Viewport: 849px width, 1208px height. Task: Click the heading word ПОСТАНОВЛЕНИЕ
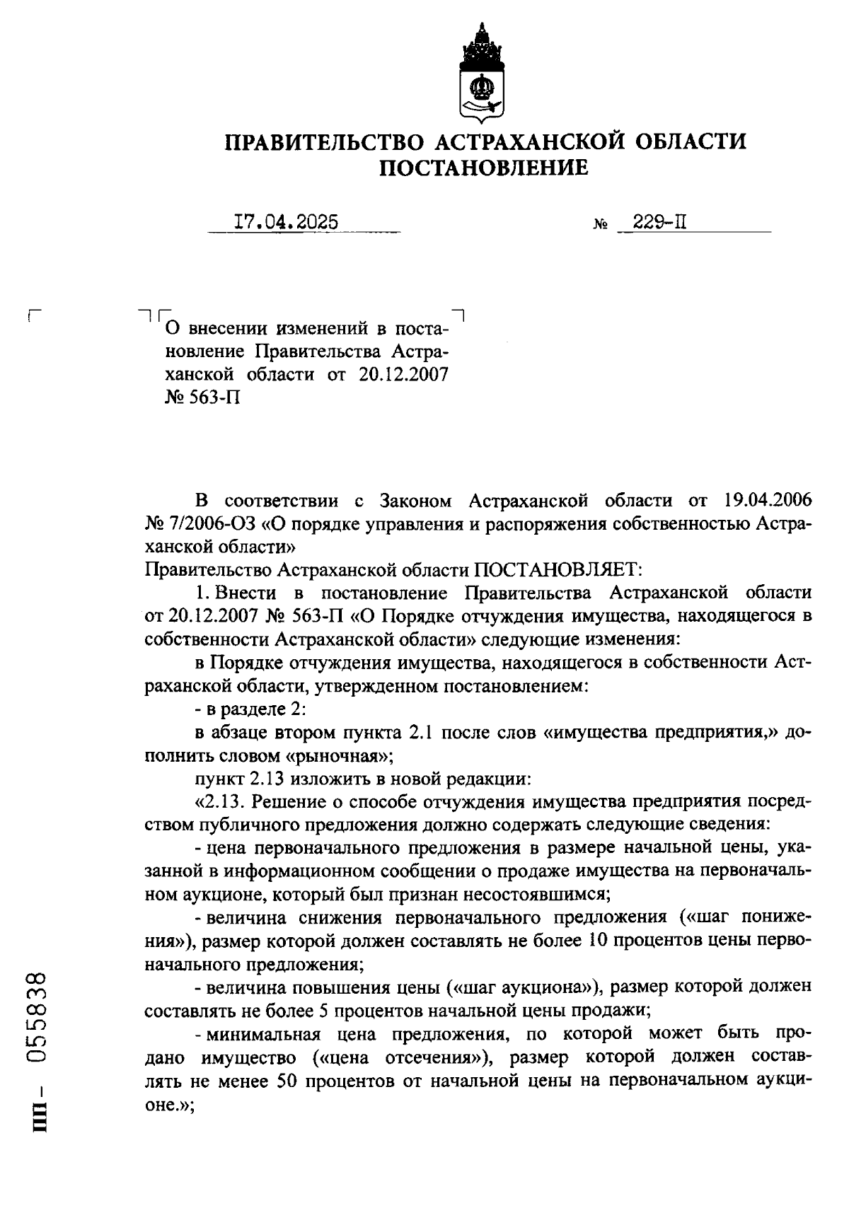tap(484, 168)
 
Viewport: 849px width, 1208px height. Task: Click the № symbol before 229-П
tap(599, 226)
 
